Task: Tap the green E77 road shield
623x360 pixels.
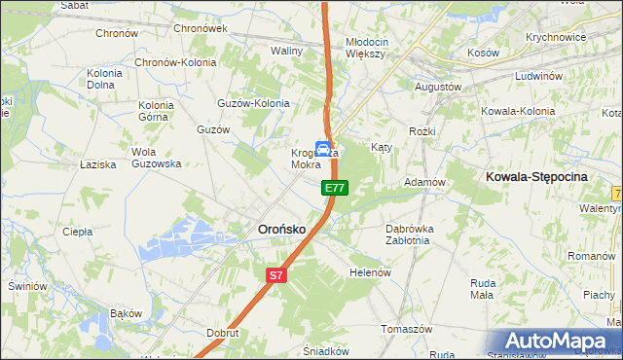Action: tap(334, 187)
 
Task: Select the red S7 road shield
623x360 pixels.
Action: tap(276, 275)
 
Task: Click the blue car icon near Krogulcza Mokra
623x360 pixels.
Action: tap(321, 150)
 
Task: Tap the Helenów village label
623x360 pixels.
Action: tap(369, 272)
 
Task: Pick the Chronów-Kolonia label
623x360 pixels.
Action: tap(175, 62)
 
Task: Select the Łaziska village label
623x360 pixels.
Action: tap(99, 164)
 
